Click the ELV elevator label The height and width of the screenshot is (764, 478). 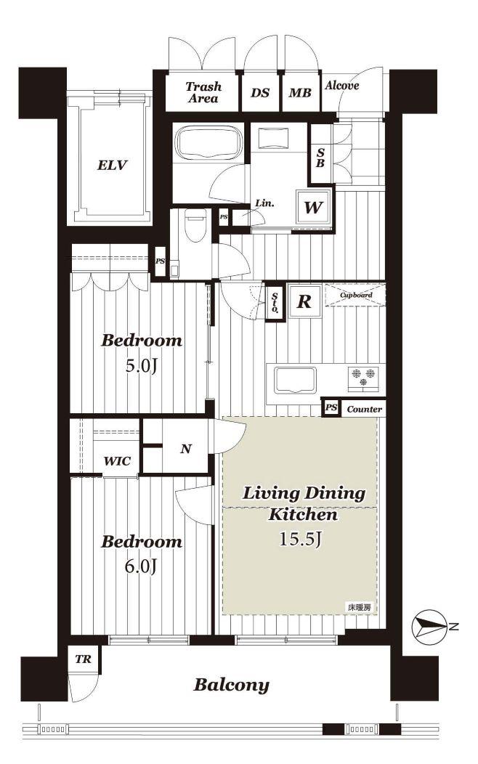click(112, 165)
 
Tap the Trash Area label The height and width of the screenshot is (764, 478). click(203, 92)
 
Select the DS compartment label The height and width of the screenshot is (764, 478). click(260, 92)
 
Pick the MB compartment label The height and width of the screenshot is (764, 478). click(300, 92)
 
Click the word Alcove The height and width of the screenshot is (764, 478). click(342, 86)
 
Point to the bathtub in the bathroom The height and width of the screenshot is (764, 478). click(209, 142)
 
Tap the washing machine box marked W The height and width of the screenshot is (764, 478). click(313, 207)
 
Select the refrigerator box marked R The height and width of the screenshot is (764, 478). click(304, 301)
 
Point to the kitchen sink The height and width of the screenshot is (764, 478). click(295, 380)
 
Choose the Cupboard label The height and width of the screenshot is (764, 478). click(356, 296)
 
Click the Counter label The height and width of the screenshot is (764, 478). click(365, 410)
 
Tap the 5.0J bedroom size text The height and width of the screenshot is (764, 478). click(142, 365)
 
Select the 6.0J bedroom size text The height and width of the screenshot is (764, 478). click(141, 566)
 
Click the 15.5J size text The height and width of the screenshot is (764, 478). click(300, 539)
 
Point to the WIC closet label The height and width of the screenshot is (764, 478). click(117, 461)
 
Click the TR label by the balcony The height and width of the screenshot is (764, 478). click(84, 659)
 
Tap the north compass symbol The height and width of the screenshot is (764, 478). click(429, 627)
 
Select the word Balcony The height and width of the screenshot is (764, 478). click(232, 685)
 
